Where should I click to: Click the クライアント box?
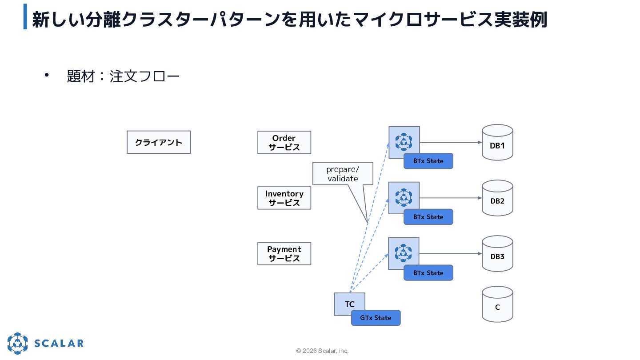[x=159, y=142]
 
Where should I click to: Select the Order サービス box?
[x=284, y=143]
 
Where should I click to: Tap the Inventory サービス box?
[x=284, y=198]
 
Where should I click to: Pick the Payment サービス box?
[x=284, y=254]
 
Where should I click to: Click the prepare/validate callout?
[x=343, y=174]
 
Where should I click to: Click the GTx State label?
[x=376, y=318]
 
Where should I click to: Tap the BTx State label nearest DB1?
[x=428, y=161]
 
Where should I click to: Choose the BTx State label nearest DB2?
[x=428, y=217]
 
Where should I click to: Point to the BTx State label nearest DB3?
[x=428, y=273]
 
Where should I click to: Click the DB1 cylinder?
[x=497, y=142]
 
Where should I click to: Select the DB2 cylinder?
[x=497, y=198]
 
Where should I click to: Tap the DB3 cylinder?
[x=497, y=254]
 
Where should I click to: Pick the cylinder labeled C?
[x=497, y=304]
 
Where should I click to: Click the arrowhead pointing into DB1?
[x=480, y=142]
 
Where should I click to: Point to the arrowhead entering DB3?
[x=480, y=254]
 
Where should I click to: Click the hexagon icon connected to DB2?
[x=404, y=197]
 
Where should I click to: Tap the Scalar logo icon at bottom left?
[x=17, y=344]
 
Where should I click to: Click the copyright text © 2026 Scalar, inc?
[x=322, y=351]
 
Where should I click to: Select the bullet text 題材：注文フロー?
[x=123, y=76]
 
